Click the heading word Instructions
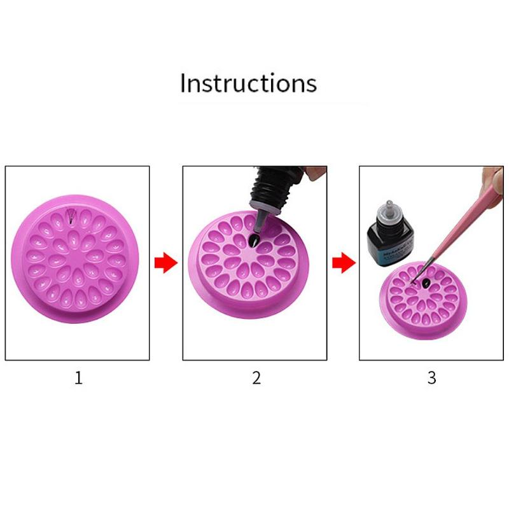pyautogui.click(x=248, y=83)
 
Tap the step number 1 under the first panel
pyautogui.click(x=78, y=378)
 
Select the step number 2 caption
pyautogui.click(x=256, y=378)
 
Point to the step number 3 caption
pyautogui.click(x=431, y=378)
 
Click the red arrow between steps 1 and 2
pyautogui.click(x=166, y=263)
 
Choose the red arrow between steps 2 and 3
pyautogui.click(x=343, y=263)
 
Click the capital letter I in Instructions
pyautogui.click(x=183, y=83)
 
